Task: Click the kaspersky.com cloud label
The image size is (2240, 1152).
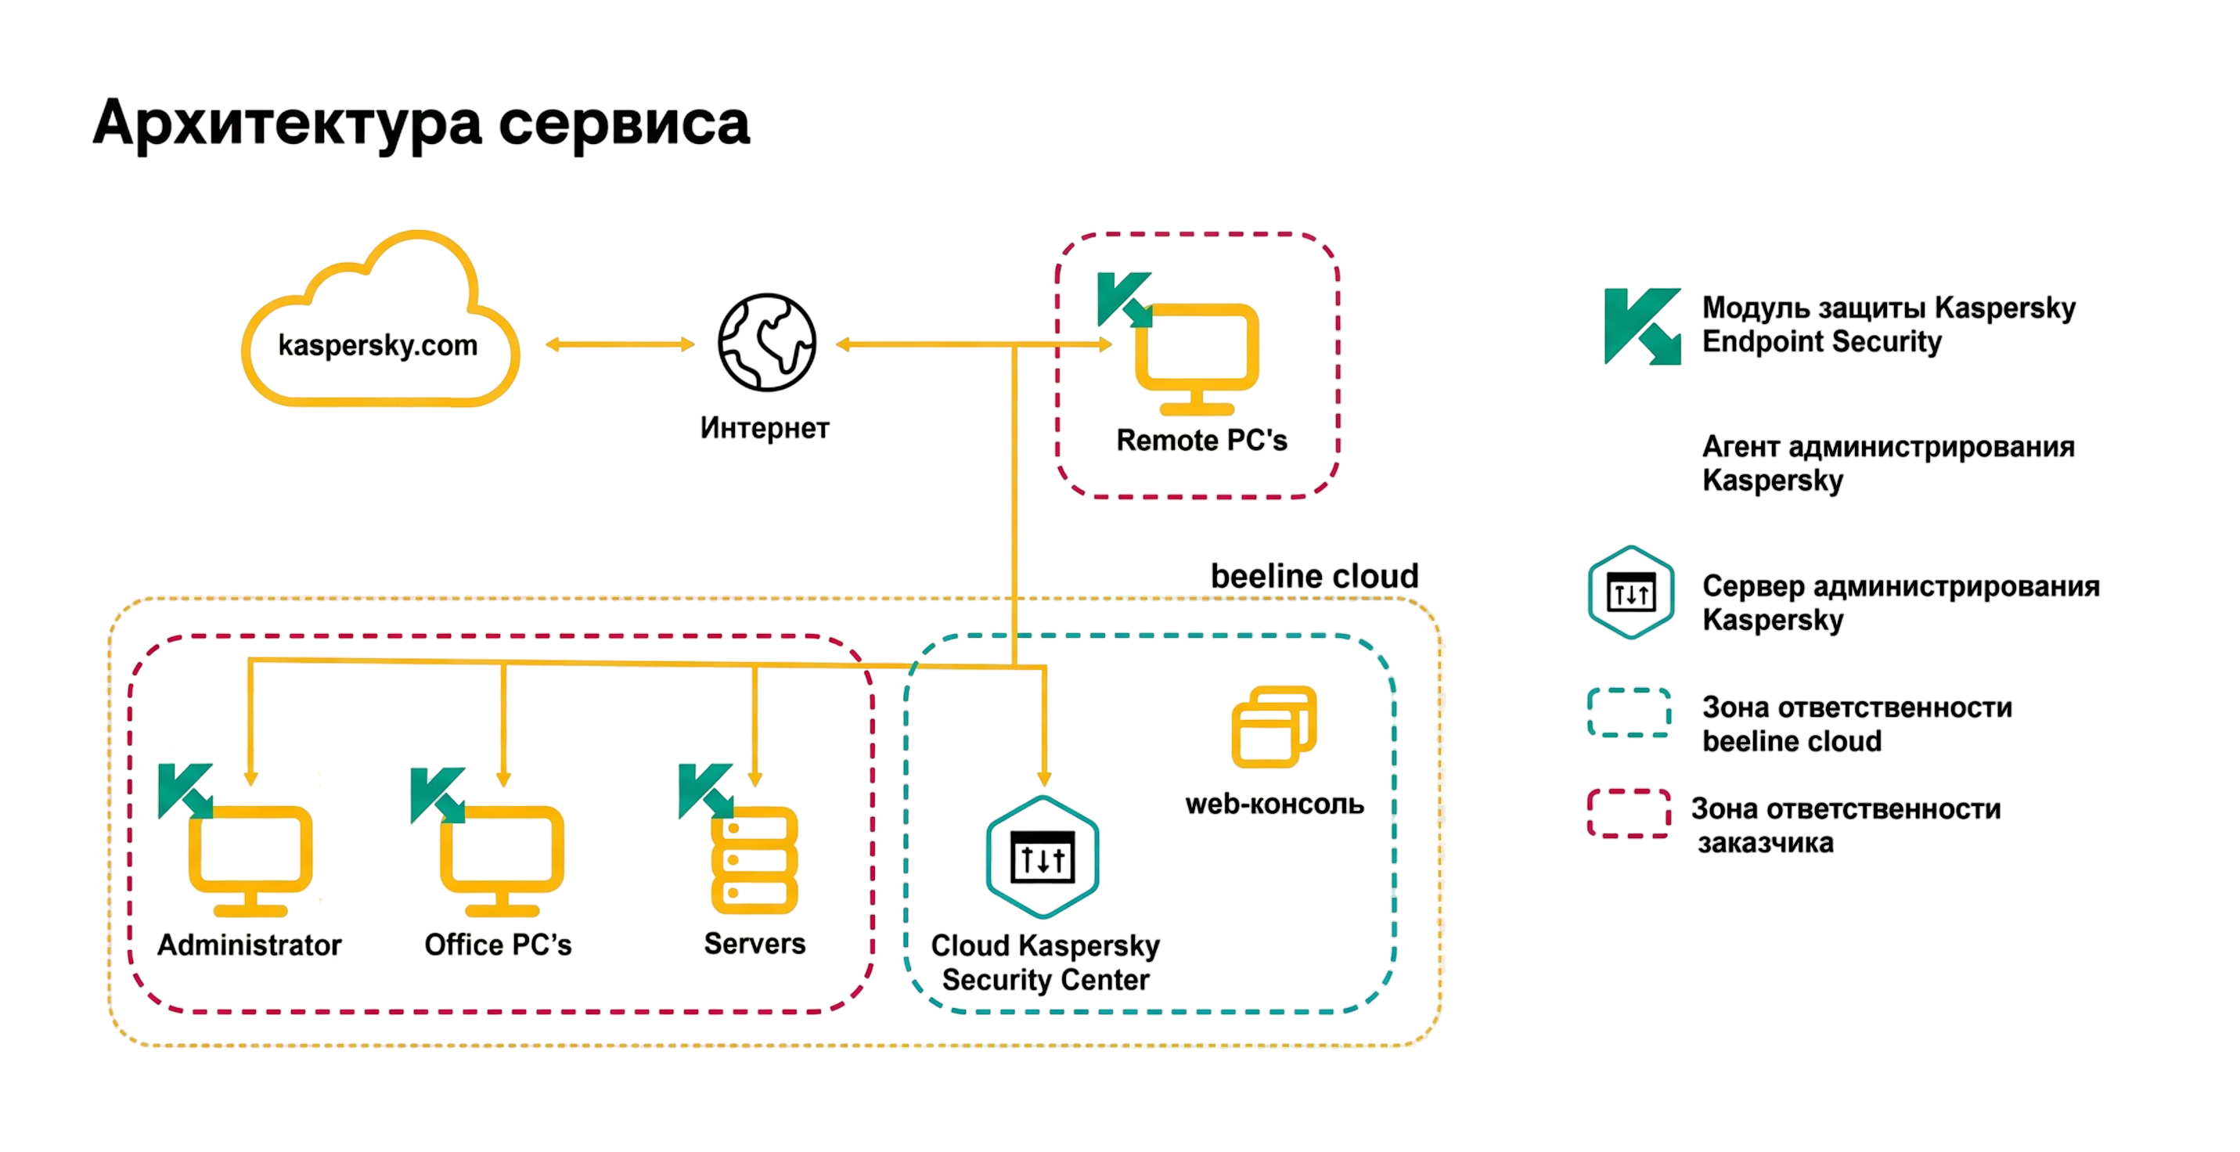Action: click(377, 345)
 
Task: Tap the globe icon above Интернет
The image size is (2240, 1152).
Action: click(766, 342)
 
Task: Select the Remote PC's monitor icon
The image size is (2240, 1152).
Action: click(1197, 359)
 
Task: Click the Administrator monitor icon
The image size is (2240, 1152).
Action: click(250, 861)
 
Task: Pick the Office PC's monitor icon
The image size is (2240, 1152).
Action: click(502, 861)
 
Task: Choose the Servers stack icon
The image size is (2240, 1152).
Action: click(754, 860)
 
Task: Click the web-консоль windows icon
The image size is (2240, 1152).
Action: click(1274, 726)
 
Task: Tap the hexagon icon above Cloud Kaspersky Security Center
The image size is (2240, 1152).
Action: click(1043, 856)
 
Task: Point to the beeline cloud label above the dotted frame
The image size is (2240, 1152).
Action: click(1314, 575)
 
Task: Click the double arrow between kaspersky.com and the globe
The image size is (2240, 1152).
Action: click(620, 344)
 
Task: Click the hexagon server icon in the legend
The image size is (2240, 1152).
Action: click(1630, 592)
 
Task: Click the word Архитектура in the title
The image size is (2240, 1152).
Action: click(287, 124)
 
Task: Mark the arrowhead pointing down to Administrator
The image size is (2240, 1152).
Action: click(250, 778)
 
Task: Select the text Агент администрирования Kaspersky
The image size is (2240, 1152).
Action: click(1888, 463)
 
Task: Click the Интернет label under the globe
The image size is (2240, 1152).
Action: click(765, 428)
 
